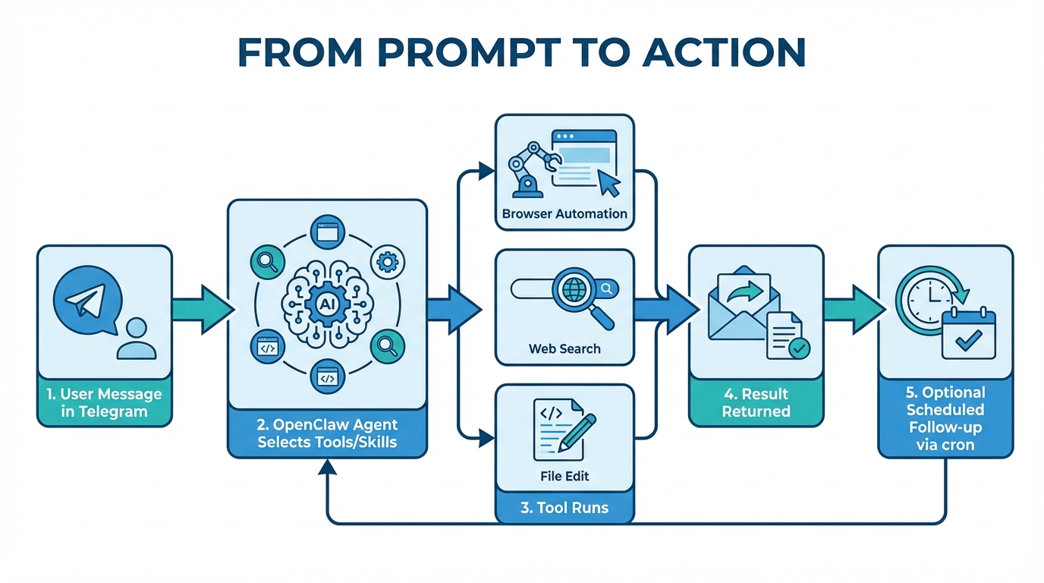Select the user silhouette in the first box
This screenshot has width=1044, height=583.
(137, 339)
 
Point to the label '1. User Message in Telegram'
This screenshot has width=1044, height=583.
(105, 403)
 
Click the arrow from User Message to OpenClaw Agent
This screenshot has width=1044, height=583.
(200, 310)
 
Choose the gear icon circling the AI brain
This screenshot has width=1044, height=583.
(387, 263)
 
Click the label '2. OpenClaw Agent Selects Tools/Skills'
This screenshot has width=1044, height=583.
(327, 433)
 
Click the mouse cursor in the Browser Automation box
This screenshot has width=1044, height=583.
(608, 182)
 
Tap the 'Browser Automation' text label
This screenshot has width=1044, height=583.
(564, 214)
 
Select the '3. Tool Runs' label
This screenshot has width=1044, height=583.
(564, 508)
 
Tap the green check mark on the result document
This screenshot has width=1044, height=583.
(799, 348)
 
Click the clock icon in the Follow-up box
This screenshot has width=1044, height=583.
(924, 300)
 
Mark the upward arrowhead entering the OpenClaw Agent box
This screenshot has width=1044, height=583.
(327, 468)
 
